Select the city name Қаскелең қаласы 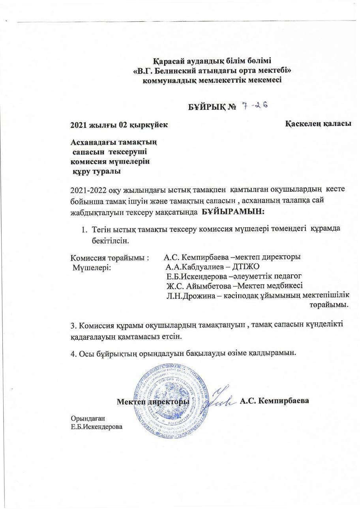coord(318,124)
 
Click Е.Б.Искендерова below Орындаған coord(96,427)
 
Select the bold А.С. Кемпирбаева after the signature coord(274,401)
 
